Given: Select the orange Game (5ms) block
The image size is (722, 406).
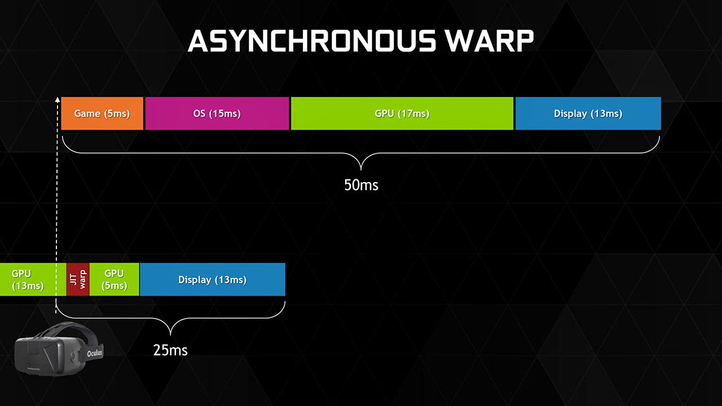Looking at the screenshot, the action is coord(102,113).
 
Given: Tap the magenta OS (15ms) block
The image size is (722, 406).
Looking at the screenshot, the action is coord(217,113).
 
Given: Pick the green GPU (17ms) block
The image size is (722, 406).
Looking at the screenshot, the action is coord(402,113).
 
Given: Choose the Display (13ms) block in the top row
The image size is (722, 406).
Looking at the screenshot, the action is coord(588,113).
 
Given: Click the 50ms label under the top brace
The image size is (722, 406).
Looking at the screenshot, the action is coord(361,185).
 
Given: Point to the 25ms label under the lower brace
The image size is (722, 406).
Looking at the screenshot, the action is coord(170,350).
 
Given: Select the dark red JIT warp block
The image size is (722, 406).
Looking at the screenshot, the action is coord(78,279).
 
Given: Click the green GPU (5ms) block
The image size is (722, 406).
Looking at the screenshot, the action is coord(114,279).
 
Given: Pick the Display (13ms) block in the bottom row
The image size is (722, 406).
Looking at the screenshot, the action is coord(212,279).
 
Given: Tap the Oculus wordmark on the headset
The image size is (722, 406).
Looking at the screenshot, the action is coord(95,353).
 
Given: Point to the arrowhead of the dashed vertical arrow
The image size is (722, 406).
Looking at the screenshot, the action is coord(57,99).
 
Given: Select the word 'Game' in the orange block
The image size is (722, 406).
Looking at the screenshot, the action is coord(87,113).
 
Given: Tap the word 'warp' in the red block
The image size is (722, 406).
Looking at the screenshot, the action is coord(83,279).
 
